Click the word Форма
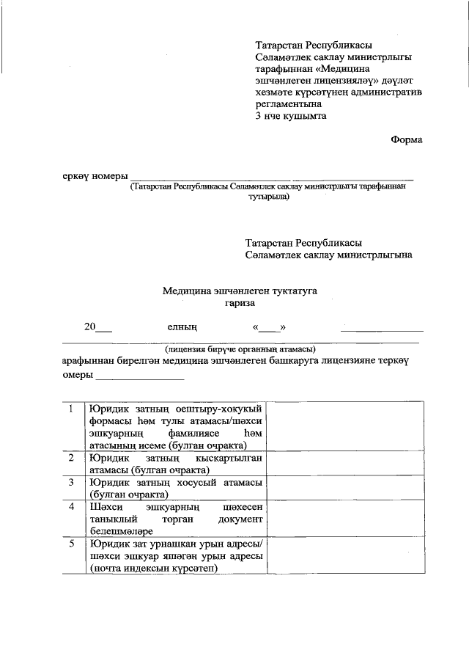[x=406, y=139]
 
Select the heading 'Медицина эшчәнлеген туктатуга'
[x=240, y=291]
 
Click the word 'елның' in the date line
[x=182, y=327]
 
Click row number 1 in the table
[x=70, y=409]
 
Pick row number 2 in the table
[x=70, y=458]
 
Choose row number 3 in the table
[x=70, y=482]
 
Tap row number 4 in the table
[x=70, y=507]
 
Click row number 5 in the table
[x=70, y=544]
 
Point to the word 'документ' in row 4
[x=239, y=519]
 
